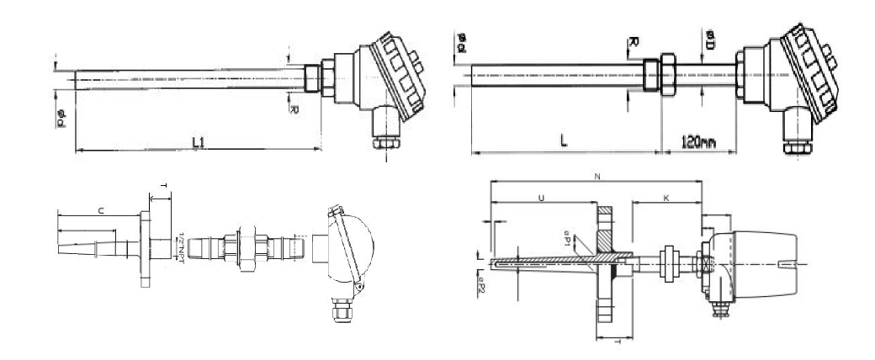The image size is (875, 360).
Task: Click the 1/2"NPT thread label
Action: pyautogui.click(x=182, y=249)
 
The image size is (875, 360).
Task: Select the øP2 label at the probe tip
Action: pyautogui.click(x=481, y=286)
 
